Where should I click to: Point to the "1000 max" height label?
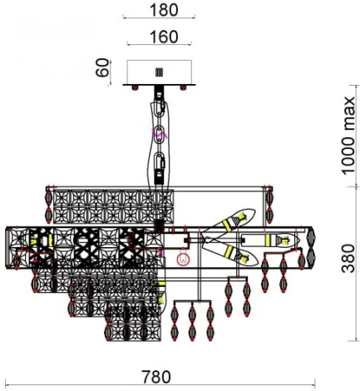(x=348, y=142)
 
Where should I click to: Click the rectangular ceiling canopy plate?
(x=162, y=72)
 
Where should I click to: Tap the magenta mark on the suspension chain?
(x=160, y=132)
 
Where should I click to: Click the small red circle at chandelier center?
(x=185, y=259)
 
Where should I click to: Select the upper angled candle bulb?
(x=234, y=220)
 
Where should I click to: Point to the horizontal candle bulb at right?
(x=278, y=242)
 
